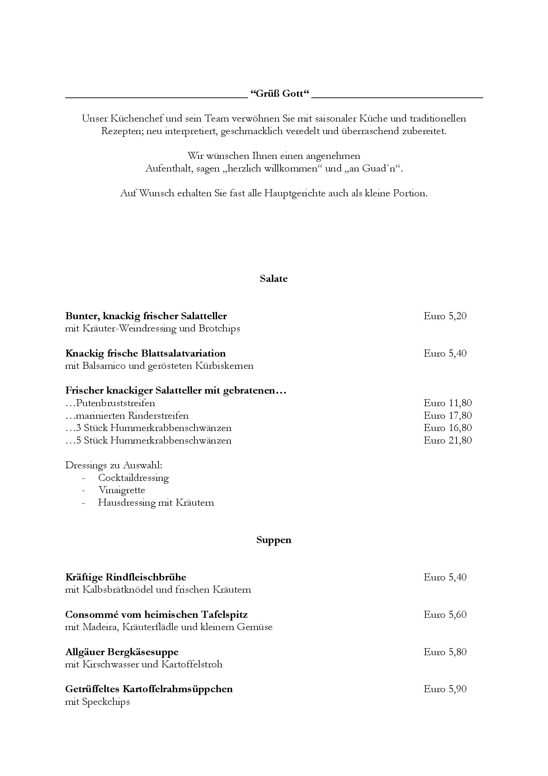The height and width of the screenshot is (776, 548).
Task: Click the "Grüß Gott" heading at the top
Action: [280, 94]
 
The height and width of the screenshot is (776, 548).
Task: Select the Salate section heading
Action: [274, 279]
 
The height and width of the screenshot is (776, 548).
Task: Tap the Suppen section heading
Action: [274, 540]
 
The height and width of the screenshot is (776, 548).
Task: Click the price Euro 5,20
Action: [445, 316]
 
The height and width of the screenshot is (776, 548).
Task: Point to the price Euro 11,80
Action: [447, 403]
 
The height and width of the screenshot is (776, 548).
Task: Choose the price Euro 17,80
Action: [447, 416]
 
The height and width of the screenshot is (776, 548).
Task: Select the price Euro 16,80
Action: [447, 428]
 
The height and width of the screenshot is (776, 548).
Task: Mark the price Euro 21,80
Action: [447, 440]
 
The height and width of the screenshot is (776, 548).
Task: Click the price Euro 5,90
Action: [445, 689]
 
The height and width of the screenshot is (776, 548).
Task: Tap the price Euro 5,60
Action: [445, 615]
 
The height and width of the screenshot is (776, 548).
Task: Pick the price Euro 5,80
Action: [445, 652]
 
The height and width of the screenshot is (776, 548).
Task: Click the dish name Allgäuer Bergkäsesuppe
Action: [122, 652]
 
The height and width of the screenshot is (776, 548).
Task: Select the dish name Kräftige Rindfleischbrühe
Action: [126, 577]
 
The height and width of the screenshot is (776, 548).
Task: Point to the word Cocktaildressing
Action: [133, 478]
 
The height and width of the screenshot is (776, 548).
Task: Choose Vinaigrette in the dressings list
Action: [121, 490]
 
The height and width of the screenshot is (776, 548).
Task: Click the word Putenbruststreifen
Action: [116, 403]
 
